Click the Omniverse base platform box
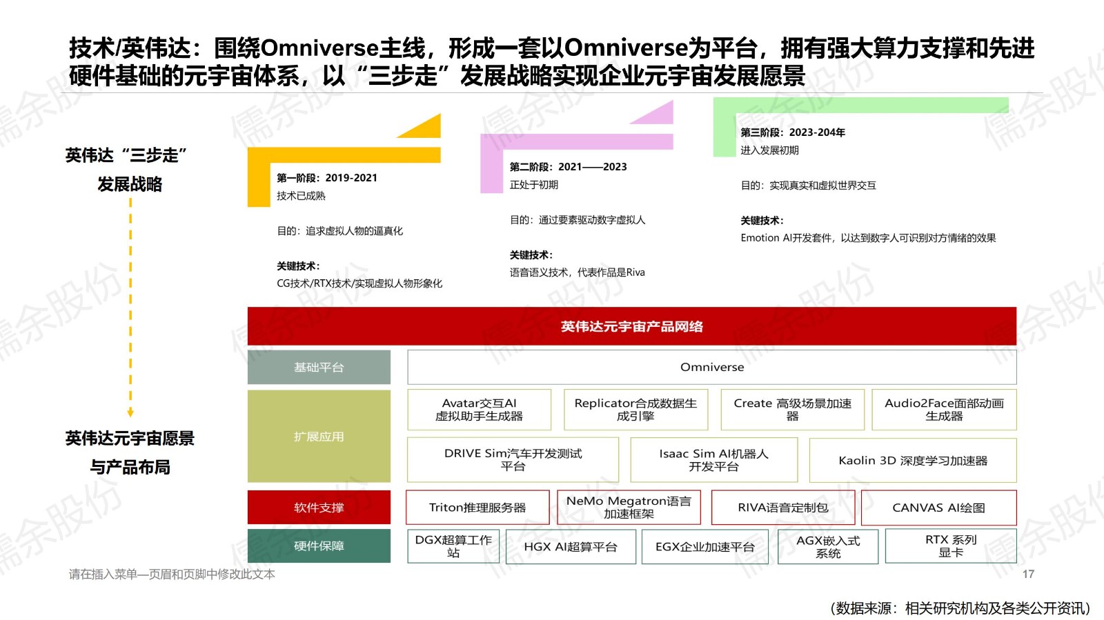coord(711,367)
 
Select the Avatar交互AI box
coord(479,410)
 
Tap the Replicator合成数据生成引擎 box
coord(635,410)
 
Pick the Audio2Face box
coord(944,410)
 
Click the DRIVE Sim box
coord(513,460)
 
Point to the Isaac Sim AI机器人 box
coord(713,460)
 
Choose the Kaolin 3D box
coord(912,460)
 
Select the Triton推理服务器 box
coord(477,508)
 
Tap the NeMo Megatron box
coord(629,508)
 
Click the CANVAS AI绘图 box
coord(938,508)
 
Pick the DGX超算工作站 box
coord(453,546)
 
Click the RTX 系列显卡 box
coord(951,546)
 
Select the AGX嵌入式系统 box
coord(828,547)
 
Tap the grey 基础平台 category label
coord(319,368)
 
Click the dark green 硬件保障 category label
coord(319,546)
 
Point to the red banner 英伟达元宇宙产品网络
coord(631,326)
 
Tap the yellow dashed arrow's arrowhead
coord(130,413)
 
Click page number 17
coord(1028,574)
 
